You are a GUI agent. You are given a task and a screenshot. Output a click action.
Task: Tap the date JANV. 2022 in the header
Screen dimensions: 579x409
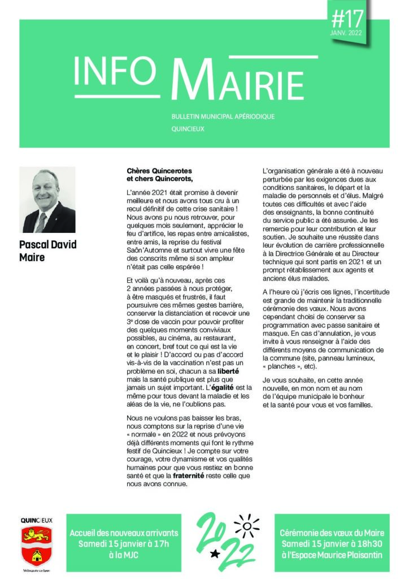pyautogui.click(x=347, y=34)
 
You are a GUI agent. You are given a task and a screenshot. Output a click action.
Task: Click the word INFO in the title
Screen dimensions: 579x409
pyautogui.click(x=114, y=70)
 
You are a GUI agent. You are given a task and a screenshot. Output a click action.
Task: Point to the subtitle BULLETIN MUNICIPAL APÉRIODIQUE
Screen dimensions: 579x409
pyautogui.click(x=223, y=116)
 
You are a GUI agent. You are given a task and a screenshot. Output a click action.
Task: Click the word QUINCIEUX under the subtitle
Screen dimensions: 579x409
pyautogui.click(x=188, y=129)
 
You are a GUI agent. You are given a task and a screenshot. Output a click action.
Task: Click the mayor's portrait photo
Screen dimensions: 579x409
pyautogui.click(x=49, y=200)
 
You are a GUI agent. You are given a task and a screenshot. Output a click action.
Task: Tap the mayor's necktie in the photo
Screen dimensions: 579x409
pyautogui.click(x=41, y=222)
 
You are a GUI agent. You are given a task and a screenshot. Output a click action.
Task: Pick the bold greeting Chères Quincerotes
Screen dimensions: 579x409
pyautogui.click(x=159, y=171)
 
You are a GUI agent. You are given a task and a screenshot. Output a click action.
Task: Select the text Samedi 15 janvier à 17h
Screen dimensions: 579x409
pyautogui.click(x=124, y=544)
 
